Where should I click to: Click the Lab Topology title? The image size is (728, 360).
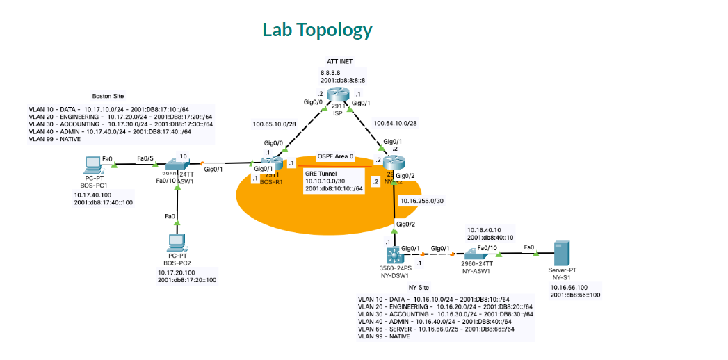(x=317, y=30)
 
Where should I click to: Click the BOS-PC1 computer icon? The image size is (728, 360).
(x=91, y=164)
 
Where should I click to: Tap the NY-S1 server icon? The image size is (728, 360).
(x=562, y=253)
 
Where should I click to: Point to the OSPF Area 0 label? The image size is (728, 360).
(x=335, y=156)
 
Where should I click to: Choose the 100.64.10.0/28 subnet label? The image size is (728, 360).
(x=396, y=123)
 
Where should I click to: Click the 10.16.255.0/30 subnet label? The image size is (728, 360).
(x=421, y=200)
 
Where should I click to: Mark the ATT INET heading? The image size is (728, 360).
(x=339, y=62)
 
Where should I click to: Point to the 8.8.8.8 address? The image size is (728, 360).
(x=332, y=72)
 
